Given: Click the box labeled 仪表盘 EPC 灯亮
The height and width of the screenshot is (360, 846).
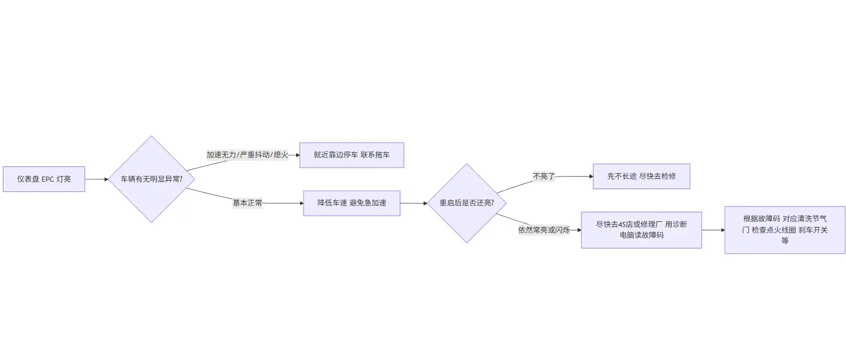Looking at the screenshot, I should pyautogui.click(x=44, y=179).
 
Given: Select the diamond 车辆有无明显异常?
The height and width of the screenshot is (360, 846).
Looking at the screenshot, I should pyautogui.click(x=151, y=179).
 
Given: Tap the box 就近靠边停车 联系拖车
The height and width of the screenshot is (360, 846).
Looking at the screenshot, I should pyautogui.click(x=351, y=155).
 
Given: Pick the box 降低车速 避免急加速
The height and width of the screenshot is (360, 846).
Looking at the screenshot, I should pyautogui.click(x=351, y=203).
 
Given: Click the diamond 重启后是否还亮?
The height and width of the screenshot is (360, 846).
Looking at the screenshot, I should pyautogui.click(x=466, y=203).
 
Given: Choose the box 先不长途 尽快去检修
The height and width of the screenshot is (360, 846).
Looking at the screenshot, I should pyautogui.click(x=641, y=176).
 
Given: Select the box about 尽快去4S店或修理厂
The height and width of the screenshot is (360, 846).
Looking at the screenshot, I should pyautogui.click(x=641, y=230).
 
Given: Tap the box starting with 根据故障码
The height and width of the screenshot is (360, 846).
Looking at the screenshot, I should pyautogui.click(x=784, y=229).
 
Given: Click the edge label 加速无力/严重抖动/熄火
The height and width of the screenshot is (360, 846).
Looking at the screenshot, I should pyautogui.click(x=247, y=155).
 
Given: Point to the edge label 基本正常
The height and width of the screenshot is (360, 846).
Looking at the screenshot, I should pyautogui.click(x=247, y=203).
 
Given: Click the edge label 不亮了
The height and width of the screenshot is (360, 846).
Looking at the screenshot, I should pyautogui.click(x=544, y=177).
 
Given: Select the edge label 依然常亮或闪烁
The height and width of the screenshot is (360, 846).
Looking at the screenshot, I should pyautogui.click(x=544, y=230).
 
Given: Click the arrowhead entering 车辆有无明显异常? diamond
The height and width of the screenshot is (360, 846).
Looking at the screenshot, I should pyautogui.click(x=106, y=179).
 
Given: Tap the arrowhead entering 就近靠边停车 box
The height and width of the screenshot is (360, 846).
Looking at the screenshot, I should pyautogui.click(x=297, y=155).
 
